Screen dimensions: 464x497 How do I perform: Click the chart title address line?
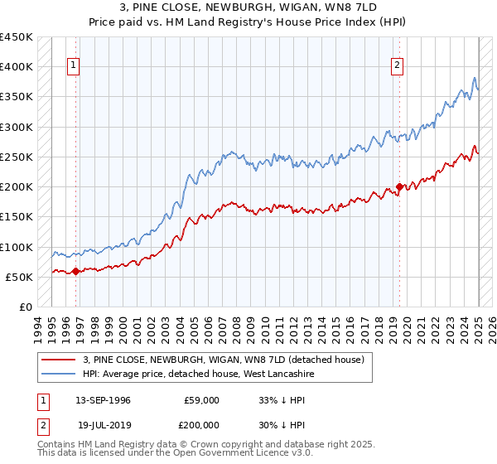pos(248,8)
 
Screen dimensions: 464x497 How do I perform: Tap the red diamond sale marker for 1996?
pos(75,271)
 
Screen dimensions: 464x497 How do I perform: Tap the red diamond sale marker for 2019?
pos(399,187)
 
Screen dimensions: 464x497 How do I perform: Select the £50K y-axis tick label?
pos(18,277)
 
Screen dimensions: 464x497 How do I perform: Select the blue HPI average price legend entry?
pos(198,374)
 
